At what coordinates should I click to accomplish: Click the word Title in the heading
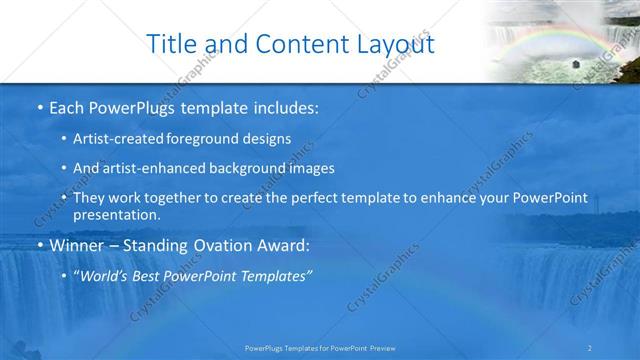point(171,44)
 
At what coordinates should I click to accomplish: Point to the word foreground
point(207,140)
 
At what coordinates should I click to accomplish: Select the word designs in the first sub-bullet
point(266,140)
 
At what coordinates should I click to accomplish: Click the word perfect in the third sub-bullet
point(311,198)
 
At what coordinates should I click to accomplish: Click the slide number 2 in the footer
point(590,348)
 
